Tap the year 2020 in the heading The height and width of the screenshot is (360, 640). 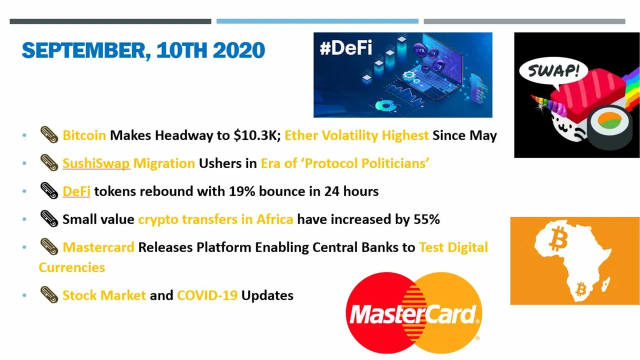239,50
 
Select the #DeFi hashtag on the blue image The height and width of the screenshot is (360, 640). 346,47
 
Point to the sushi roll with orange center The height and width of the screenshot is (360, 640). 609,127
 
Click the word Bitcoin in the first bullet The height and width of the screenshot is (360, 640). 84,135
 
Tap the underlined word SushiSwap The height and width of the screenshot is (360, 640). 96,163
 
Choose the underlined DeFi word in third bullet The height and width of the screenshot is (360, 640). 76,191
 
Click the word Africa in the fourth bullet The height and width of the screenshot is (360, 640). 275,219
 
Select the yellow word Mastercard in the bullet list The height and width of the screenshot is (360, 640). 98,247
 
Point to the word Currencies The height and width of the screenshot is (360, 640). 71,267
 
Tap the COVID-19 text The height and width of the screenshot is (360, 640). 207,295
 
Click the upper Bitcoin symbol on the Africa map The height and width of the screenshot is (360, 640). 558,238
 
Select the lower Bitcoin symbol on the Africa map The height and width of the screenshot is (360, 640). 581,289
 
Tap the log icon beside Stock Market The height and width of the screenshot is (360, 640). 49,295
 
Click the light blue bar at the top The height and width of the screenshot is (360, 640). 317,21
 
